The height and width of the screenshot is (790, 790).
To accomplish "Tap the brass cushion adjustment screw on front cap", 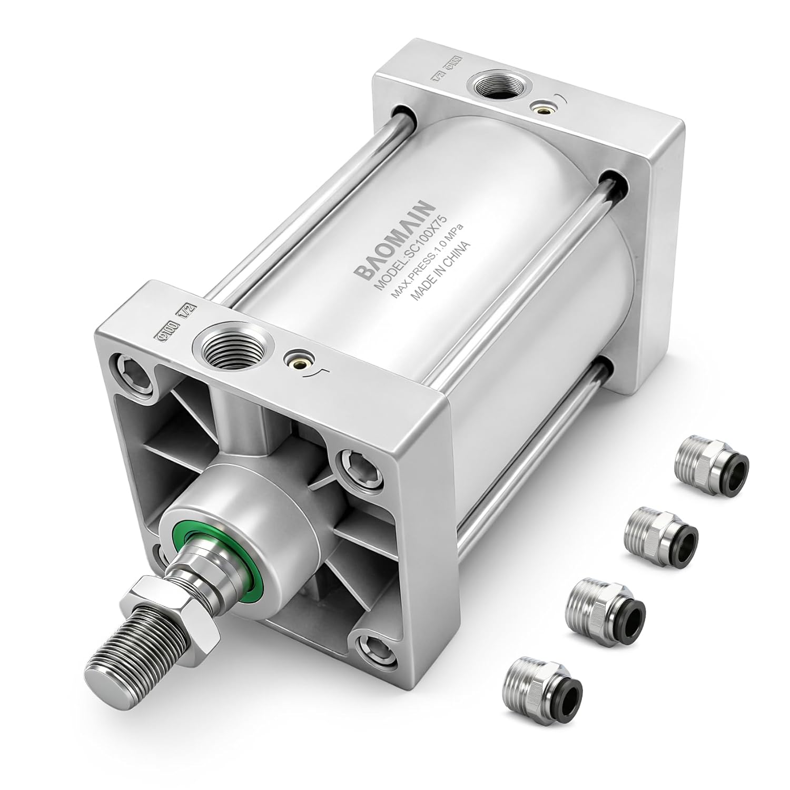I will [292, 360].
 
